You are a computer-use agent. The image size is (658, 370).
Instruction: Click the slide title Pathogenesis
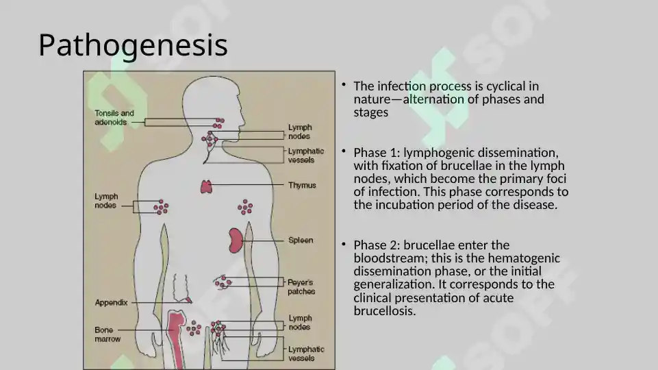(x=133, y=45)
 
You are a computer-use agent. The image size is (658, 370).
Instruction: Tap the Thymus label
(x=302, y=185)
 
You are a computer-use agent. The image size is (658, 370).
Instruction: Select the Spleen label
(x=301, y=241)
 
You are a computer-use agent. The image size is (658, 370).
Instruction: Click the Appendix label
(x=111, y=302)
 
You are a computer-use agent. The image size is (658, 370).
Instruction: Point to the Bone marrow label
(x=107, y=334)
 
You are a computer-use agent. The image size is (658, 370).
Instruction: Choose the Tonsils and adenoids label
(x=114, y=118)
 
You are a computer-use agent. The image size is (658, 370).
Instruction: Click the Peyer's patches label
(x=301, y=287)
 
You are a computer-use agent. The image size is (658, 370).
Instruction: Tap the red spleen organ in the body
(x=236, y=241)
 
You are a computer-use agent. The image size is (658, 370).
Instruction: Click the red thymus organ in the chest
(x=206, y=187)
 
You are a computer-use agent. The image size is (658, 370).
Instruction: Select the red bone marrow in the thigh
(x=177, y=336)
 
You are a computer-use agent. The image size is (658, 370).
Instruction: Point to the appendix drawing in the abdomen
(x=182, y=289)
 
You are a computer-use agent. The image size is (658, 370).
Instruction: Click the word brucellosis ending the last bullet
(x=384, y=311)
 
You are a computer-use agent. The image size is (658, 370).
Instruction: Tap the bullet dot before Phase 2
(x=344, y=244)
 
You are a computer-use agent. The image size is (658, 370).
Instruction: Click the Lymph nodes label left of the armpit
(x=106, y=201)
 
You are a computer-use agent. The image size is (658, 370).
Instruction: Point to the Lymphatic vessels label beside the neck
(x=306, y=156)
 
